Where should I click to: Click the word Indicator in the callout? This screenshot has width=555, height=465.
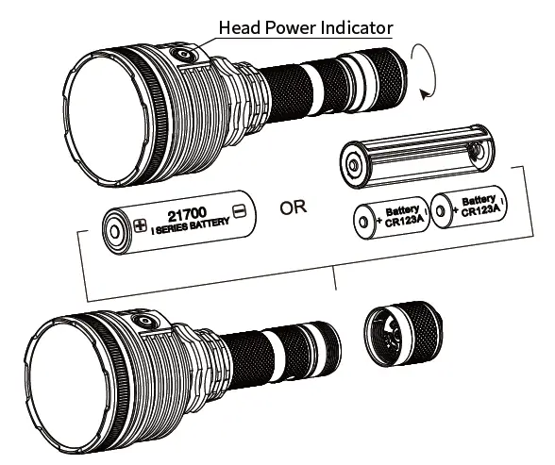coord(358,27)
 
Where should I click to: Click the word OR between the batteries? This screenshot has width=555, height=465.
coord(294,208)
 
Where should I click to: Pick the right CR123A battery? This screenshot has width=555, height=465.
coord(468,208)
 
